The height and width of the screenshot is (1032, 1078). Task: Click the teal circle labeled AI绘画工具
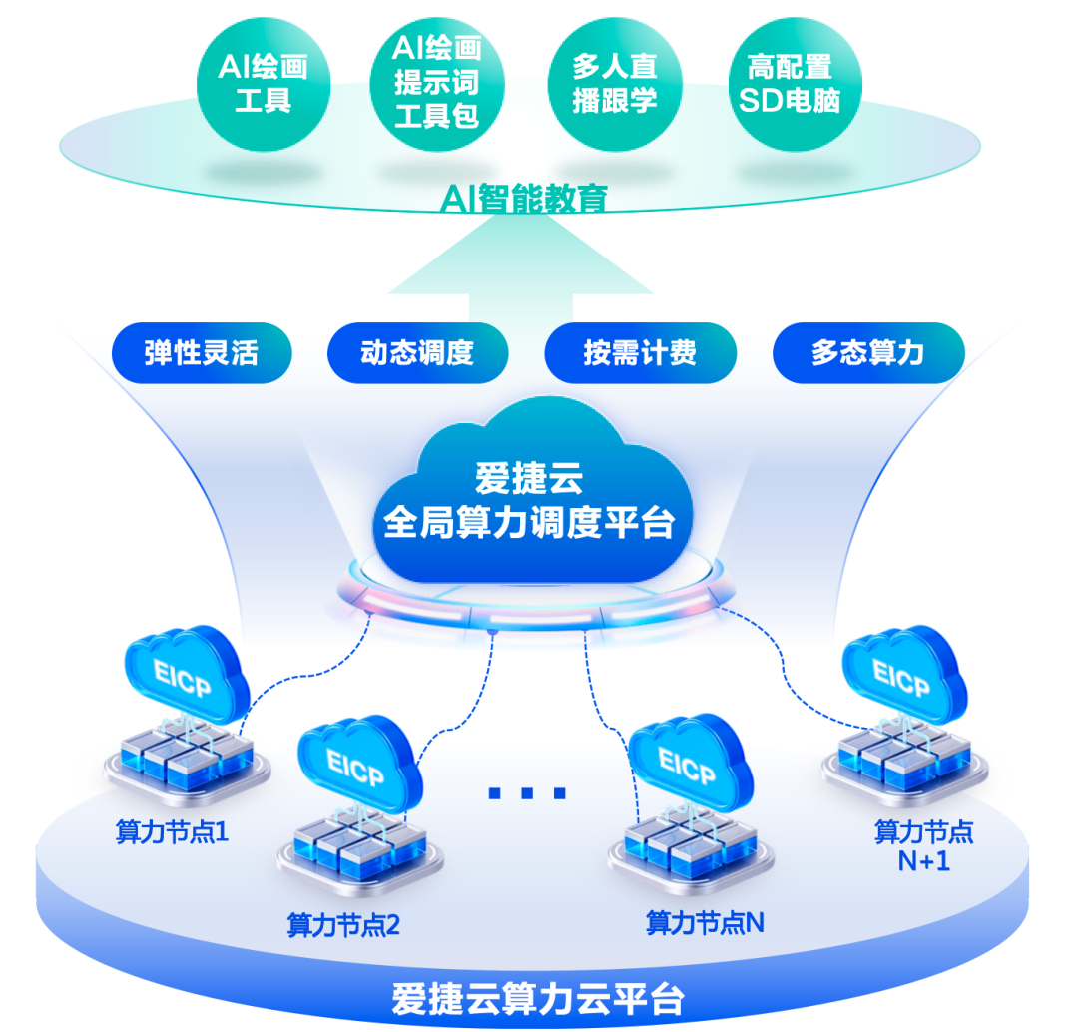coord(264,85)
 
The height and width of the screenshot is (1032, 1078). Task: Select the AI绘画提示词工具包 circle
coord(437,85)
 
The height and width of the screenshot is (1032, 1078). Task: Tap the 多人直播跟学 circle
coord(615,85)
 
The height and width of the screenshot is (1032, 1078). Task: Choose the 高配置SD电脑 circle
coord(795,85)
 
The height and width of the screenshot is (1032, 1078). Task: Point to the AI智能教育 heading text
coord(523,198)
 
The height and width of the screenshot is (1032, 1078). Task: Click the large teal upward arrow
coord(521,268)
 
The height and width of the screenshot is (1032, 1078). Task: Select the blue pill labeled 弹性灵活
coord(202,352)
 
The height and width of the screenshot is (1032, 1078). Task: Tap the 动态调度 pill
coord(417,352)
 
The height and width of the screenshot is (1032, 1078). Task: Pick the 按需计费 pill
coord(640,352)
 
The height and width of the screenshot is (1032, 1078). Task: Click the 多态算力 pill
coord(868,352)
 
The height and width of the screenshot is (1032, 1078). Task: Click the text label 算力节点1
coord(172,832)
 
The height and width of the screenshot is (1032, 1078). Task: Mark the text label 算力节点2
coord(343,925)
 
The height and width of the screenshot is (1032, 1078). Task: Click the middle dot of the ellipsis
coord(527,793)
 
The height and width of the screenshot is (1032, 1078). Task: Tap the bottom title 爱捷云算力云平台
coord(538,998)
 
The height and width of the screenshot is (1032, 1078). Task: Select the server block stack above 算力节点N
coord(691,849)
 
